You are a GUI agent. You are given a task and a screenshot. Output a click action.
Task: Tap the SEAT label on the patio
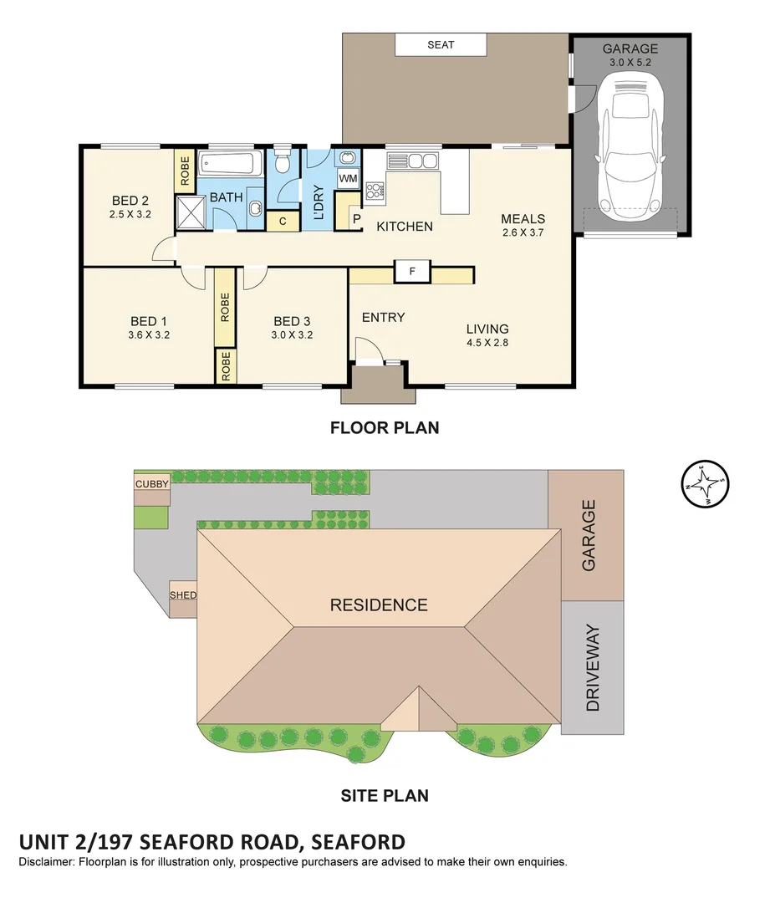point(441,44)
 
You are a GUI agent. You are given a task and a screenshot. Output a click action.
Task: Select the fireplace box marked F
point(411,272)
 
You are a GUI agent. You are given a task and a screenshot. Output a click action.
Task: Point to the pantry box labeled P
point(355,219)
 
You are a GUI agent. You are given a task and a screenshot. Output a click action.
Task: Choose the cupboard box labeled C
point(283,221)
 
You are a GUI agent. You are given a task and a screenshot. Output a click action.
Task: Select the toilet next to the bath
point(283,161)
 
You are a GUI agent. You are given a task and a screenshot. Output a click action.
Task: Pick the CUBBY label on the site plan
point(152,483)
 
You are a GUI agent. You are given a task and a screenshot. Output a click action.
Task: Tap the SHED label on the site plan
point(183,594)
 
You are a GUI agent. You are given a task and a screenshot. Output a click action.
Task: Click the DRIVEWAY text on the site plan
point(593,667)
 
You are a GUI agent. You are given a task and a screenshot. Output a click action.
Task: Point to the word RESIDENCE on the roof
point(378,605)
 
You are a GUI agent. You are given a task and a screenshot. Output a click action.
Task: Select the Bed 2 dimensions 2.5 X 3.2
point(130,214)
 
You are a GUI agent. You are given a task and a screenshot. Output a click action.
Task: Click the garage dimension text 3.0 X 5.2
point(630,62)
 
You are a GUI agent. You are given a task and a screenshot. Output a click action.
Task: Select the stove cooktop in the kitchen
point(374,191)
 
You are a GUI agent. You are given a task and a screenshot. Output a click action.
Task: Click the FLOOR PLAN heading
point(385,428)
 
